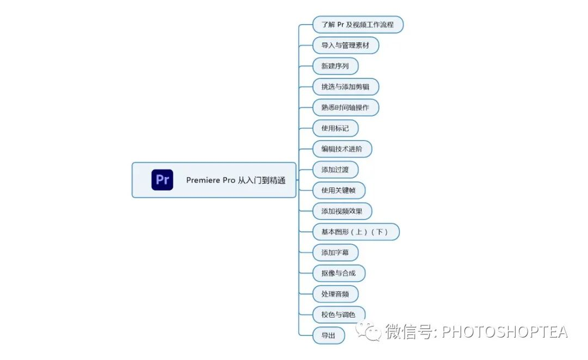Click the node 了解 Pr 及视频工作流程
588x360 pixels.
(357, 25)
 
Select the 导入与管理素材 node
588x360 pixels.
(345, 45)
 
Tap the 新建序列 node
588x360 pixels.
(335, 66)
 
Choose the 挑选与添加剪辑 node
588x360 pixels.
(345, 87)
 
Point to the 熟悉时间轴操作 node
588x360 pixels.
(345, 107)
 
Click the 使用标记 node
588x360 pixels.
(335, 128)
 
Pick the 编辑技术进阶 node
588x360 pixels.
(342, 149)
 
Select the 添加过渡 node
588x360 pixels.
(335, 169)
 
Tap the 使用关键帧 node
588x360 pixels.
(339, 190)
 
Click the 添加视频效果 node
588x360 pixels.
(342, 211)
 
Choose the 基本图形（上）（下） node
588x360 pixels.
(356, 231)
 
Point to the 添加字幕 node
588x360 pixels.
(335, 252)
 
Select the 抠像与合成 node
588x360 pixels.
(339, 273)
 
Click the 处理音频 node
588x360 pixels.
(335, 294)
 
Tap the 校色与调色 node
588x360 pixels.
(338, 314)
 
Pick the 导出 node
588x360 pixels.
(328, 335)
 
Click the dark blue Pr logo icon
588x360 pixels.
(162, 180)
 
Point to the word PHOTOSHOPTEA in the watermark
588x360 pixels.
(504, 331)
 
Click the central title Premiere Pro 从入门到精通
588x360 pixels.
(235, 180)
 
